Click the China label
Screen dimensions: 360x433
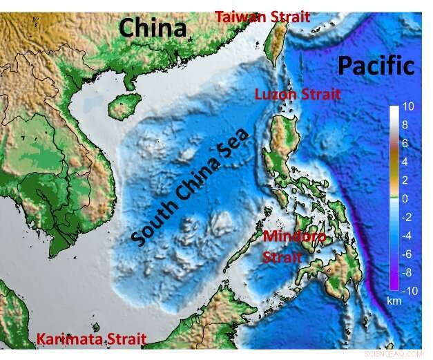pos(153,28)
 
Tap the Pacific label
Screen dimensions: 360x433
pos(376,66)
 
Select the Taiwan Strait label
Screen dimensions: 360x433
pos(262,16)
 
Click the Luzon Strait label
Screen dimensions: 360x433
pos(298,94)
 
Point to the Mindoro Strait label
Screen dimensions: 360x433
pos(294,246)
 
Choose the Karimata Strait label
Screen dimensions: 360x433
pos(91,339)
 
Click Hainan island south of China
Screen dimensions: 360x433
pos(124,106)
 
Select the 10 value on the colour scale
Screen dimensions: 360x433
pos(408,107)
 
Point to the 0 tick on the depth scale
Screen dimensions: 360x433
pos(407,198)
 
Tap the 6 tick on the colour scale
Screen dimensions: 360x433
pos(407,143)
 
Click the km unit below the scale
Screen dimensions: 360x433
pos(394,302)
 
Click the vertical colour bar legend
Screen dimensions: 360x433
pos(394,199)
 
